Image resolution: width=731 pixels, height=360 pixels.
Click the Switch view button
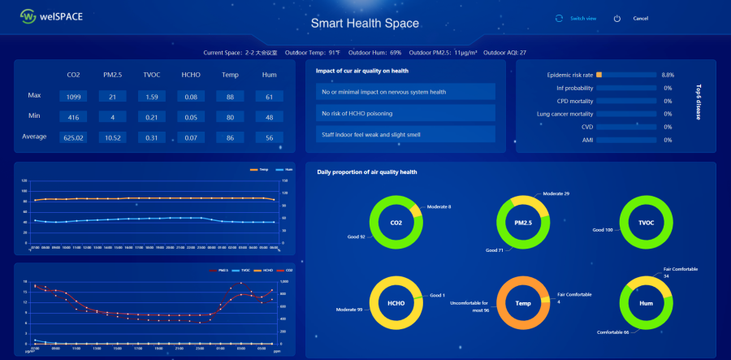pos(582,18)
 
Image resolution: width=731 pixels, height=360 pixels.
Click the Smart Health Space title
pos(365,24)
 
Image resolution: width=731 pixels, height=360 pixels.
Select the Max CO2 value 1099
pos(74,97)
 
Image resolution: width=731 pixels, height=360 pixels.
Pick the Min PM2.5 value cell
pos(112,117)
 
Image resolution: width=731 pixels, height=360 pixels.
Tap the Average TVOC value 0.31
pos(150,137)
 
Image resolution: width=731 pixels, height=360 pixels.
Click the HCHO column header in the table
pos(191,75)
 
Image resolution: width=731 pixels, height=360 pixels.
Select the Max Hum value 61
pos(268,97)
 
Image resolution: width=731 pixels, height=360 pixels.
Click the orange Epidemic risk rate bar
pos(599,75)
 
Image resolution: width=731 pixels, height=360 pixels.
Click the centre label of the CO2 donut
pos(396,223)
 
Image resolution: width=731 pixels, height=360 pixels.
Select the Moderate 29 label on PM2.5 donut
pos(556,193)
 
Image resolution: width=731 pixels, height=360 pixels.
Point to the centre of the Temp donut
pos(523,304)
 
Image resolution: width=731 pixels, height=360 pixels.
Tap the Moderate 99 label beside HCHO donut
pos(348,310)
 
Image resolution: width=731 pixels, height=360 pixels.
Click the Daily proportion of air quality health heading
pos(366,172)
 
